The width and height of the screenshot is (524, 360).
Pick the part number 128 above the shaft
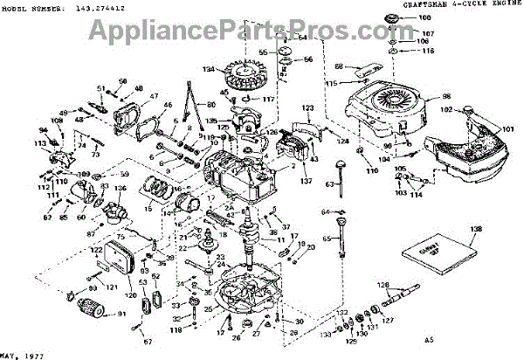coord(383,285)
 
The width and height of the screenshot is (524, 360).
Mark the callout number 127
coord(389,320)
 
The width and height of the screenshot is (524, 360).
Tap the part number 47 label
coord(154,95)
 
